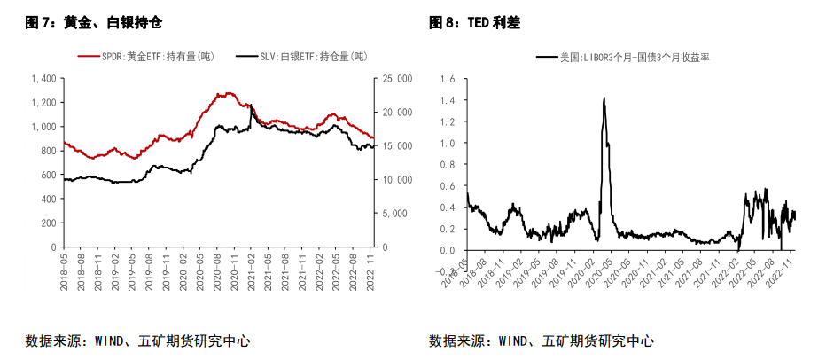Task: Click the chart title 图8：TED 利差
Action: pos(474,21)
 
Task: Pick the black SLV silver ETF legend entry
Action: pos(301,57)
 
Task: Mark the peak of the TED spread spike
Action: pos(604,98)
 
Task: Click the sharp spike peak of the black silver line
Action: pos(251,106)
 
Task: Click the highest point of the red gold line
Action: pos(229,92)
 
